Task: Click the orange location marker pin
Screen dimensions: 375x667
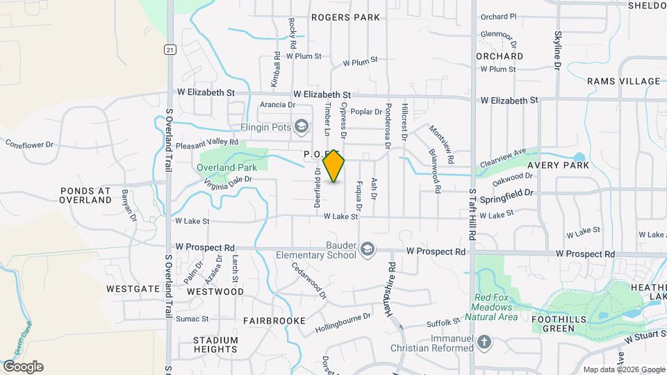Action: [x=334, y=165]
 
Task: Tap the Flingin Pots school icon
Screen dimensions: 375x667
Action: [x=301, y=126]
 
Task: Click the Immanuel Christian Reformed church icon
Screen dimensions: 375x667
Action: [x=485, y=342]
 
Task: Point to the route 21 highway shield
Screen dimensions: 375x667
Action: [x=169, y=49]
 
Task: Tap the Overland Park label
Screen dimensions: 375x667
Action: [x=222, y=167]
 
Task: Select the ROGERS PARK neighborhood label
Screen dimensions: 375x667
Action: [x=346, y=17]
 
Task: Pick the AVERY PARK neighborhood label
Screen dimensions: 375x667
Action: [x=558, y=165]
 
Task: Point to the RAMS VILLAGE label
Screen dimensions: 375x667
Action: [x=623, y=81]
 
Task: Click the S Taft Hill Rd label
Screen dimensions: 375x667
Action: [x=472, y=215]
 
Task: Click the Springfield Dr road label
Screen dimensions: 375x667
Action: [x=510, y=193]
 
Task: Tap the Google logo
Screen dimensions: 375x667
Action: [x=23, y=367]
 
